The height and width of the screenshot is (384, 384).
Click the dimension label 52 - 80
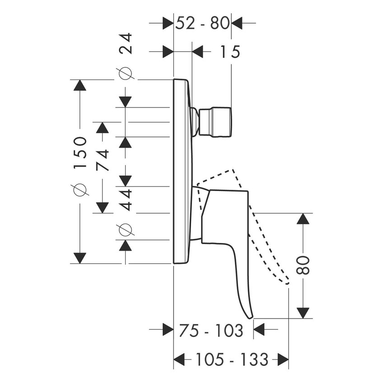tap(202, 22)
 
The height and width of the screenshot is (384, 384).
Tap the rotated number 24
tap(126, 44)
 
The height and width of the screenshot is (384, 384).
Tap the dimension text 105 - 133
tap(232, 360)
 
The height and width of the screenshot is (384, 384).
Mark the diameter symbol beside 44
tap(126, 229)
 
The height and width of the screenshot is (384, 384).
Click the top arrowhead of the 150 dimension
tap(80, 86)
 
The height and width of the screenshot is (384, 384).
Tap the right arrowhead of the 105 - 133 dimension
tap(283, 360)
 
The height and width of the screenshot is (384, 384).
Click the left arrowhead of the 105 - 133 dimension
tap(180, 360)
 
